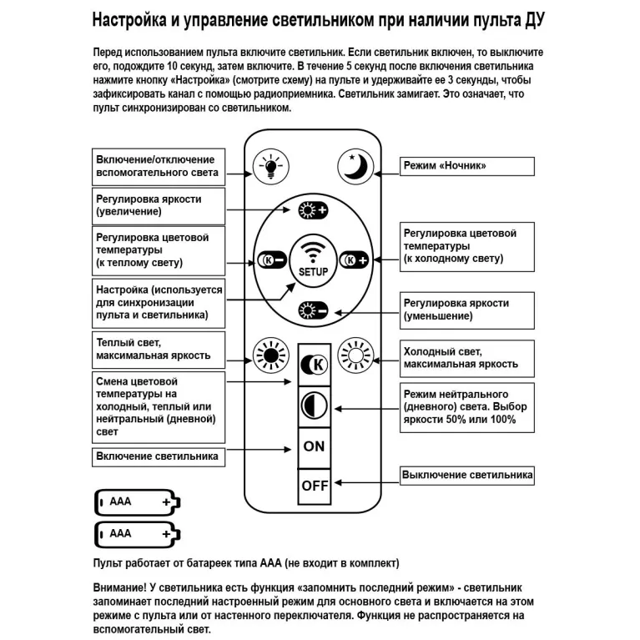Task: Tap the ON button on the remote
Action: point(314,446)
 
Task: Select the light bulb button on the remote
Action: point(270,166)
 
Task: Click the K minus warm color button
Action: point(270,260)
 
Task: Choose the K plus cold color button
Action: point(355,260)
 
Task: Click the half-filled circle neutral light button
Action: point(314,406)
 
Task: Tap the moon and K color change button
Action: point(314,364)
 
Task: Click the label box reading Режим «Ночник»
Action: point(466,165)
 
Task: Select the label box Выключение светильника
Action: point(466,476)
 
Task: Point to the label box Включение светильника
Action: point(157,456)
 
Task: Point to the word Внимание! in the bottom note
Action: point(122,588)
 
